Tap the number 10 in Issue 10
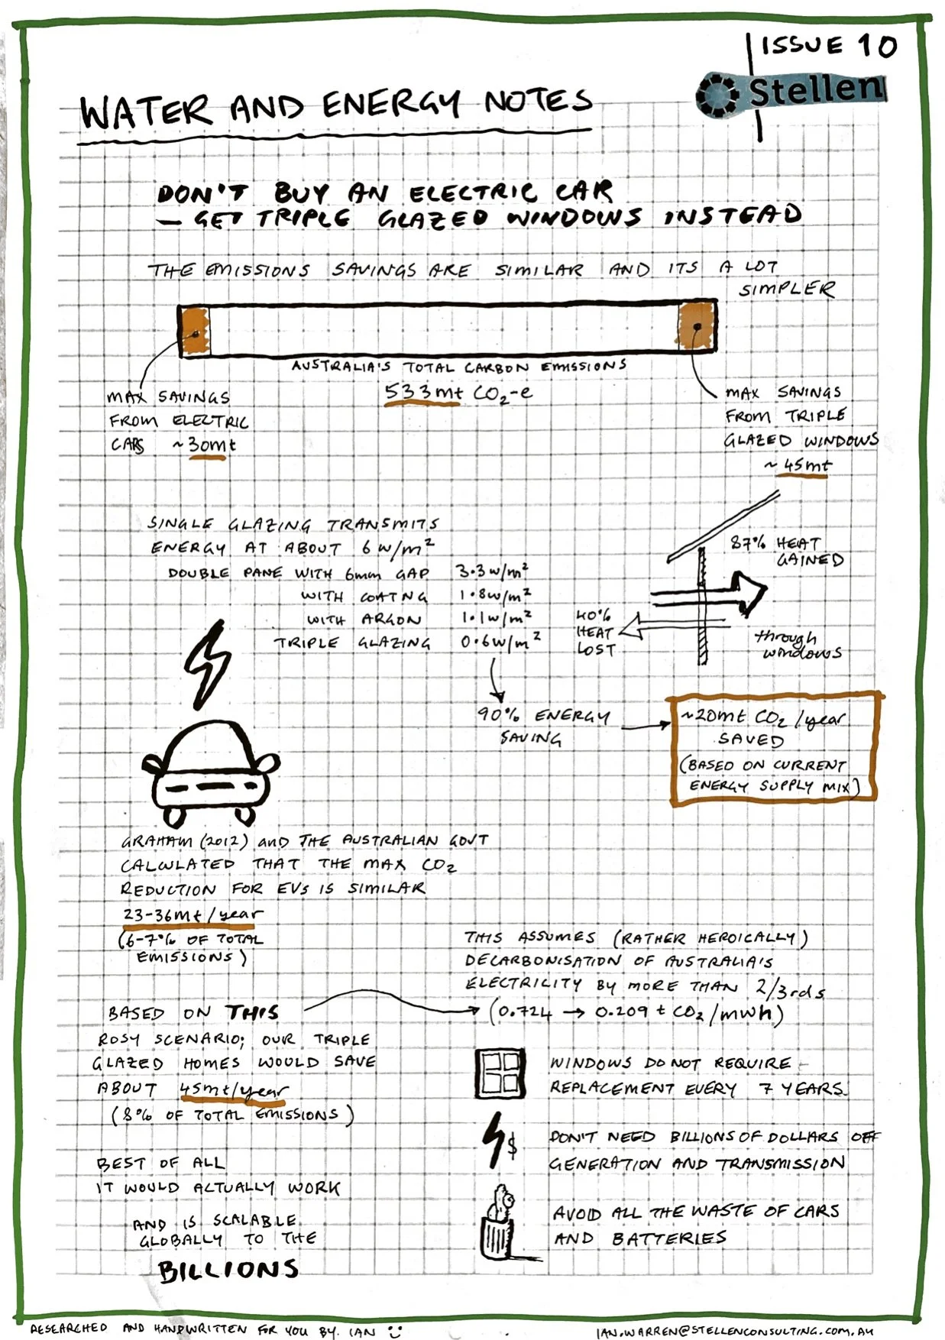[x=877, y=46]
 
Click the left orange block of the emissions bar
[x=195, y=332]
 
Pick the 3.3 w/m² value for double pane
[x=492, y=571]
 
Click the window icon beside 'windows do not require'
[x=500, y=1073]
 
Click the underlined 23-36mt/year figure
[x=193, y=914]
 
